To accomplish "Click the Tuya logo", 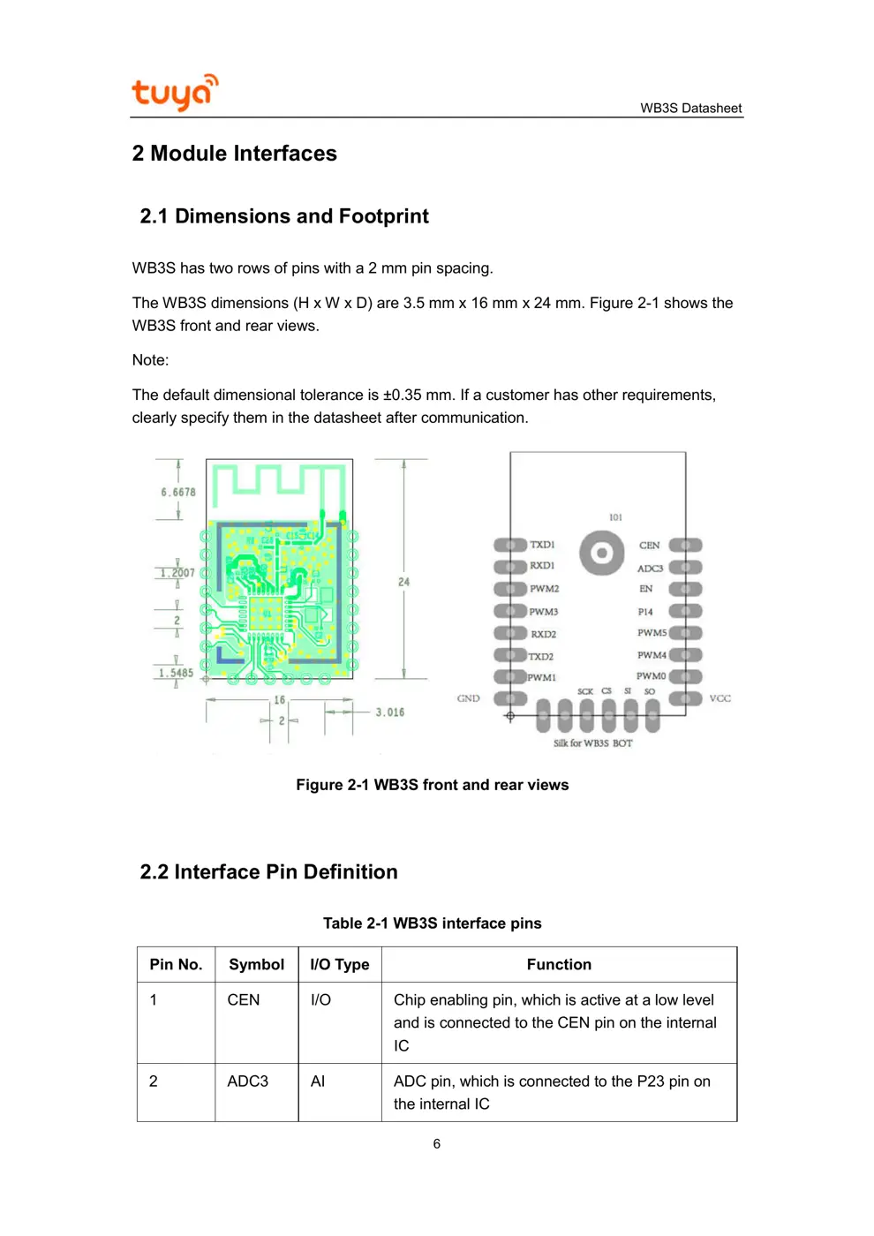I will [x=174, y=92].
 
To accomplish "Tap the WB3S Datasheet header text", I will [x=690, y=109].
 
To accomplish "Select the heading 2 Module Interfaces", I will [x=234, y=154].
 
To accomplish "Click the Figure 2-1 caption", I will [x=432, y=785].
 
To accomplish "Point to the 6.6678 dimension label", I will [x=178, y=493].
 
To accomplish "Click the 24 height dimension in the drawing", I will [x=403, y=582].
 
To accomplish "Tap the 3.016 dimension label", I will [x=389, y=712].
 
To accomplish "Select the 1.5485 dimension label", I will [x=176, y=673].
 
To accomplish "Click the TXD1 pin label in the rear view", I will [x=542, y=545].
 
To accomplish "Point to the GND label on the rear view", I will [x=468, y=698].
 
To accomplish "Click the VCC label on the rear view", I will [x=720, y=698].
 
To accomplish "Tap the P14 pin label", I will [x=645, y=612].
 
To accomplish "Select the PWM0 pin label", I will [x=652, y=676].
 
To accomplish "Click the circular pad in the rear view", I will [x=602, y=554].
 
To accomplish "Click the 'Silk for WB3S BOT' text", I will [x=592, y=743].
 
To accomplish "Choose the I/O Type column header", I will [x=340, y=965].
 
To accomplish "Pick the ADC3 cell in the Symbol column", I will [x=248, y=1081].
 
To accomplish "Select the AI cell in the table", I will [x=318, y=1081].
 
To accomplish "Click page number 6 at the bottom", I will [x=436, y=1144].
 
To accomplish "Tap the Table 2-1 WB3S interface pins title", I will [x=432, y=923].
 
